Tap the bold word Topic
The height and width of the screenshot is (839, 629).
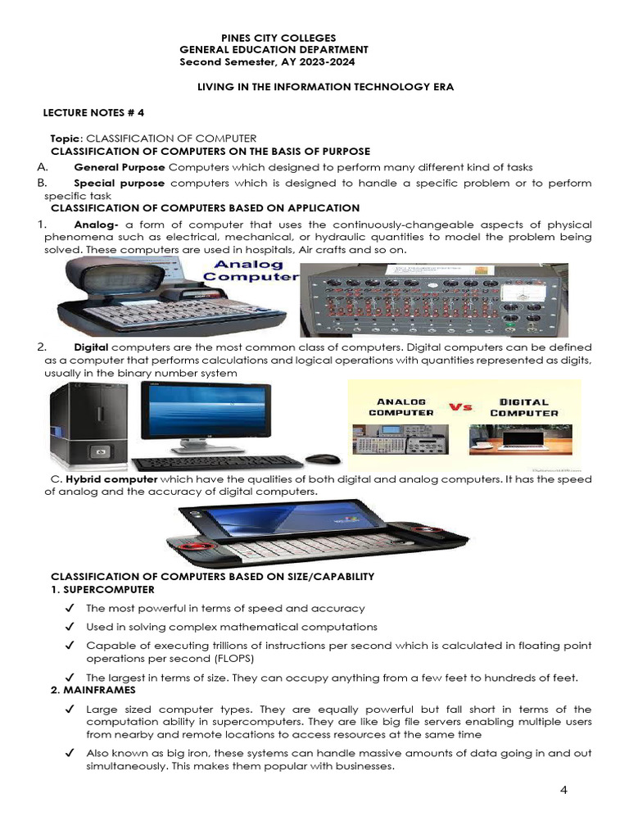[66, 138]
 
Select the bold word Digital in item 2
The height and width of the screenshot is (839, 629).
[91, 347]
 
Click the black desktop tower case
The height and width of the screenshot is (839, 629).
[88, 423]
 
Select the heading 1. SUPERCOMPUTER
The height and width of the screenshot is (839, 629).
[102, 589]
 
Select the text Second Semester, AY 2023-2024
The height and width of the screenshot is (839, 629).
[268, 61]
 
